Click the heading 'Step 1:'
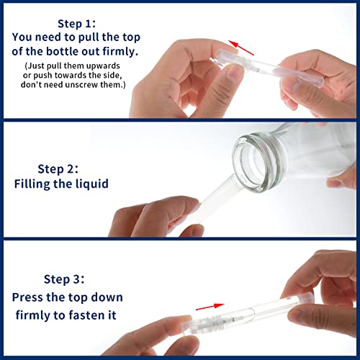pos(76,24)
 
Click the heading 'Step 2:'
pos(58,169)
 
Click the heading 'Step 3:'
pos(64,279)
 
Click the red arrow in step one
pos(240,48)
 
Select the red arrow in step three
pos(210,307)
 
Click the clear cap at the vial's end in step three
pos(300,300)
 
